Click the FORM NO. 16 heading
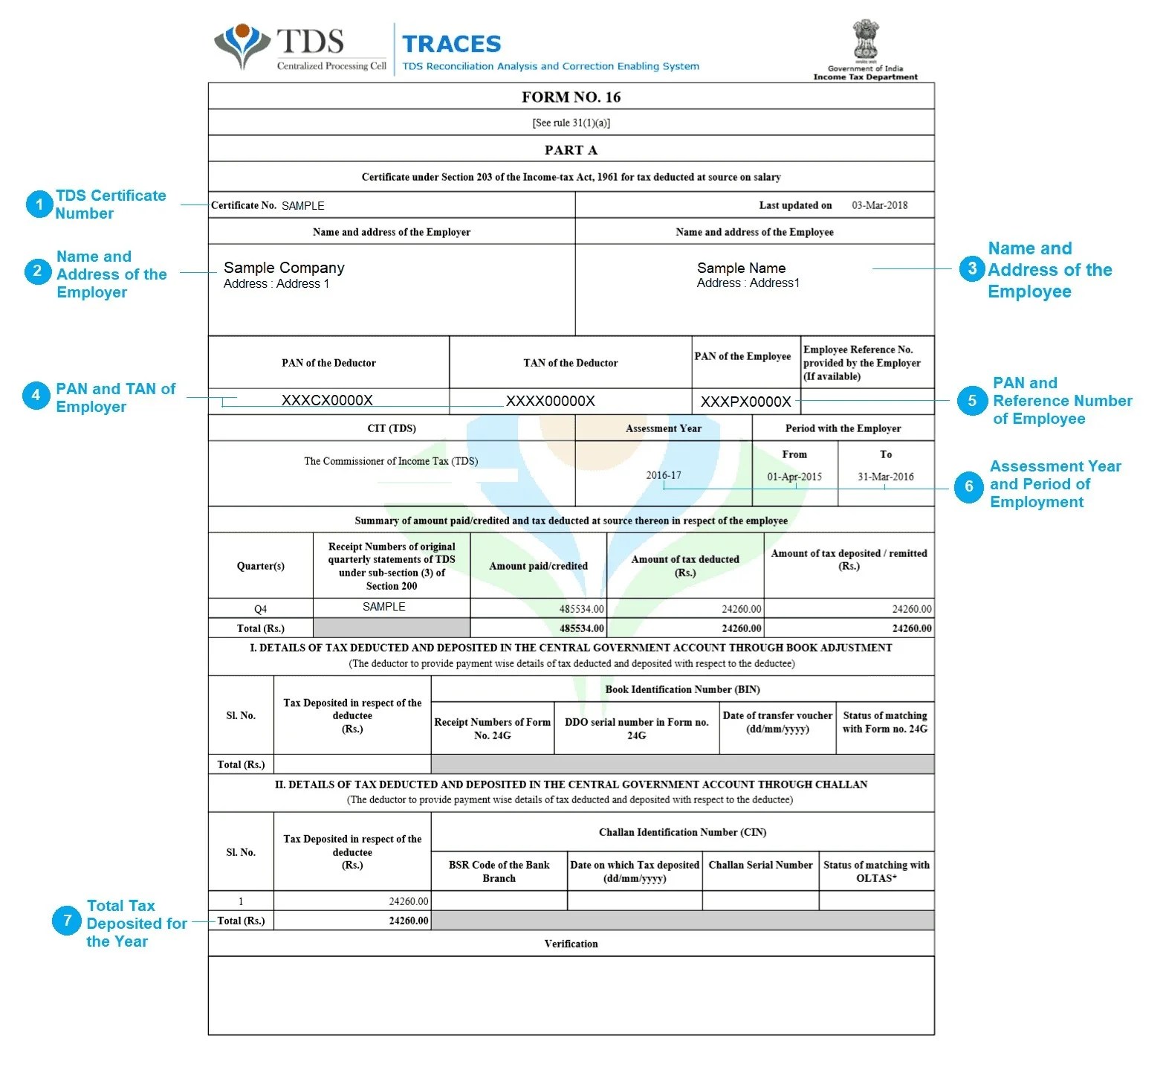pyautogui.click(x=571, y=97)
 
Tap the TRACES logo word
pyautogui.click(x=452, y=44)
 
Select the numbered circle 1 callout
pyautogui.click(x=39, y=205)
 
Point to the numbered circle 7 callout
pyautogui.click(x=67, y=921)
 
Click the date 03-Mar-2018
pyautogui.click(x=879, y=205)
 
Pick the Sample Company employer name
pyautogui.click(x=284, y=268)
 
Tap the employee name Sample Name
pyautogui.click(x=741, y=268)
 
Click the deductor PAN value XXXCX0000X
pyautogui.click(x=327, y=400)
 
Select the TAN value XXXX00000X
pyautogui.click(x=550, y=401)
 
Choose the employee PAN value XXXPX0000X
pyautogui.click(x=745, y=402)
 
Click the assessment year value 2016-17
pyautogui.click(x=663, y=475)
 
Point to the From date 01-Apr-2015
pyautogui.click(x=794, y=477)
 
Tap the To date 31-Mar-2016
pyautogui.click(x=885, y=477)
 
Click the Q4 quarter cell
pyautogui.click(x=260, y=609)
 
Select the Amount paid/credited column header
pyautogui.click(x=538, y=566)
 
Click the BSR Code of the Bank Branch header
pyautogui.click(x=499, y=872)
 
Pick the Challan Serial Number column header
pyautogui.click(x=760, y=865)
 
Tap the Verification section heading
pyautogui.click(x=571, y=944)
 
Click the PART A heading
pyautogui.click(x=571, y=150)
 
